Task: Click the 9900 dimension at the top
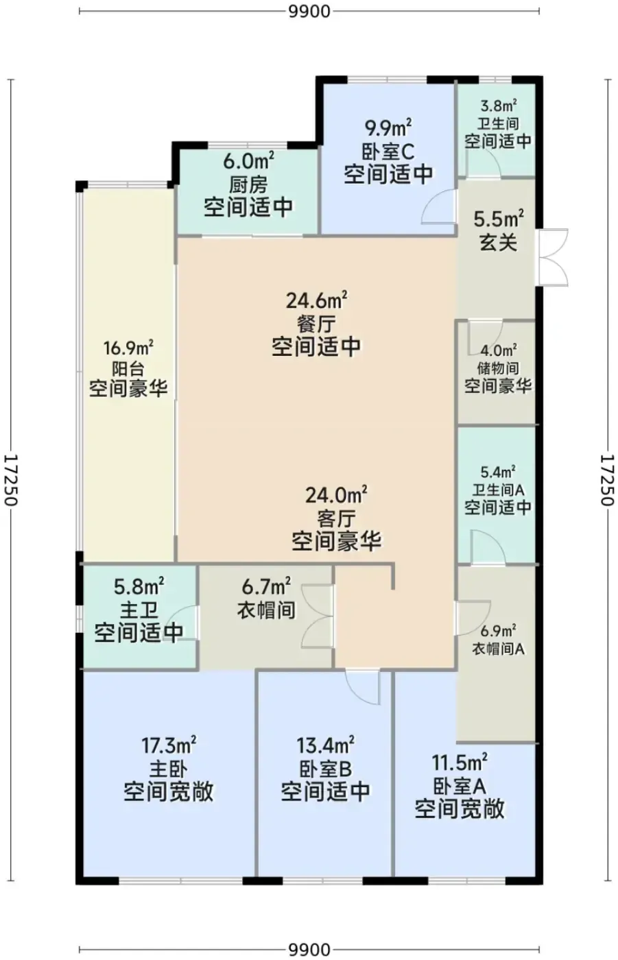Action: tap(309, 12)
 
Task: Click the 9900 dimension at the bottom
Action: tap(309, 950)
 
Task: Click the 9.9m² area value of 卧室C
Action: tap(388, 128)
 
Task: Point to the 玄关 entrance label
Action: tap(499, 243)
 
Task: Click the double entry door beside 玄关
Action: tap(553, 257)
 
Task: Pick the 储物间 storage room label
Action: tap(498, 368)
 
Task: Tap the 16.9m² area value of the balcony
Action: tap(128, 348)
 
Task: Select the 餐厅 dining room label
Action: tap(316, 324)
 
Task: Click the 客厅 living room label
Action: tap(336, 518)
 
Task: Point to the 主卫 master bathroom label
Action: tap(139, 610)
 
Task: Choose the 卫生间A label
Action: tap(498, 490)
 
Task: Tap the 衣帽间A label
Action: tap(498, 649)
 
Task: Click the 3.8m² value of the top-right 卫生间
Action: tap(498, 105)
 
